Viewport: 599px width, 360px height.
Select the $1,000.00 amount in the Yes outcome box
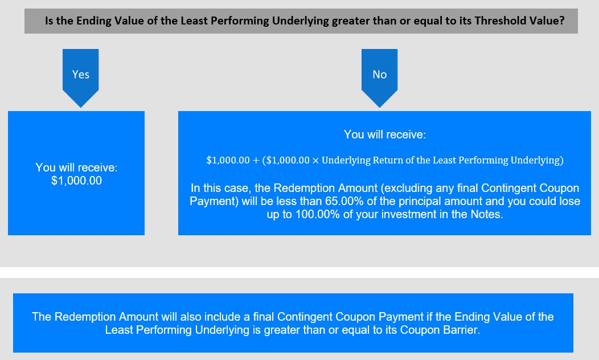(x=76, y=181)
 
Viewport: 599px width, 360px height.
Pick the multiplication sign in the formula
(x=315, y=161)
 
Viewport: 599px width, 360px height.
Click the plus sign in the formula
(x=256, y=161)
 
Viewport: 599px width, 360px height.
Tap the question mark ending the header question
(x=561, y=21)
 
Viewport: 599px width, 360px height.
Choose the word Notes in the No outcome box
(x=487, y=214)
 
